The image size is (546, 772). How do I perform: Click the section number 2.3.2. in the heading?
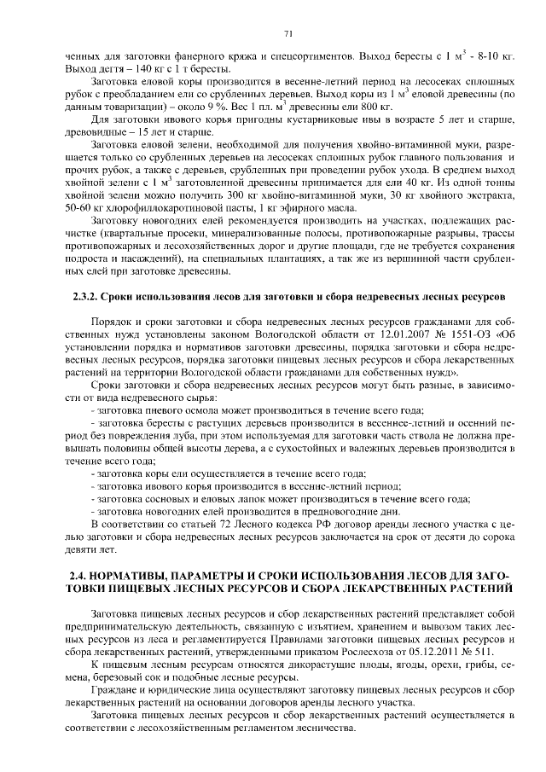pyautogui.click(x=84, y=297)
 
